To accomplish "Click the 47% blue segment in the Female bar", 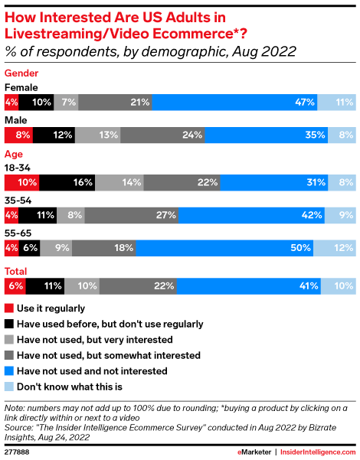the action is pos(234,102).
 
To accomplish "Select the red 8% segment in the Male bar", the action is pos(18,135).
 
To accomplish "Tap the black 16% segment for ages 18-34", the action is pos(67,182).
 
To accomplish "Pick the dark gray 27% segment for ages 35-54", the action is pos(132,215).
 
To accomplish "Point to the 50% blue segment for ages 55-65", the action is pos(224,248).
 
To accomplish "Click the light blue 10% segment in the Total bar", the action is pos(339,286).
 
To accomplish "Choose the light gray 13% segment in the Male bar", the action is pos(97,135).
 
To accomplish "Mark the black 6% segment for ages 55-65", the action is pos(29,248).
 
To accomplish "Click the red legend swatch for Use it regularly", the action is pos(9,308).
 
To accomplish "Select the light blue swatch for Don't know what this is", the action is pos(9,387).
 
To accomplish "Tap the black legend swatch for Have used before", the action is pos(9,324).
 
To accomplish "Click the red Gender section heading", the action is pos(21,73).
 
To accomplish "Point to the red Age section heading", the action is pos(14,155).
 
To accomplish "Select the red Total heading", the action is pos(15,272).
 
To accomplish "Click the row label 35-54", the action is pos(18,201).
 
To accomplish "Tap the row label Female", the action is pos(21,87).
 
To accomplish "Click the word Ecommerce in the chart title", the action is pos(192,34).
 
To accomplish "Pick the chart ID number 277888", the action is pos(17,452).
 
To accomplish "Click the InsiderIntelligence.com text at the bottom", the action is pos(318,452).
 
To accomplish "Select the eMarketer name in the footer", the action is pos(254,452).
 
